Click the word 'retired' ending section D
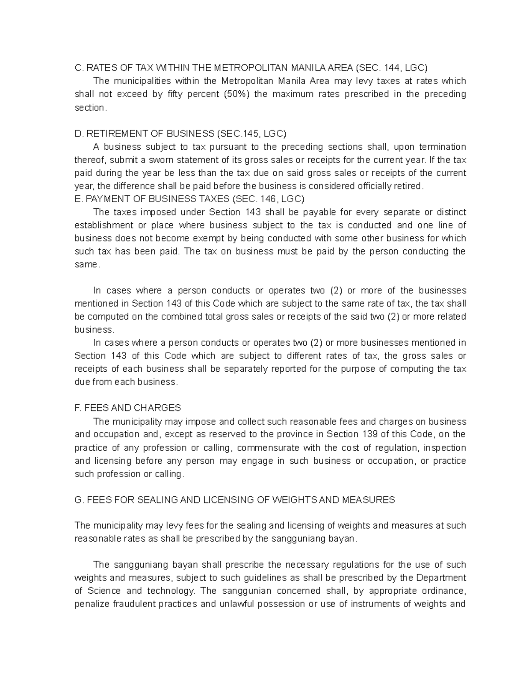click(408, 186)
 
